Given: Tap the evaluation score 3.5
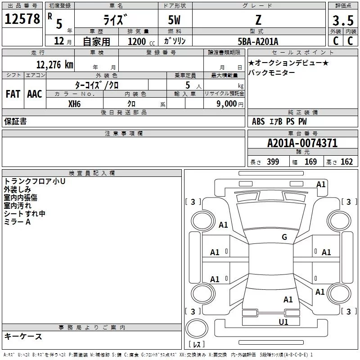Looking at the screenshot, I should point(342,21).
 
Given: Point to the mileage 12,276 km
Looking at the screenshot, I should point(54,65).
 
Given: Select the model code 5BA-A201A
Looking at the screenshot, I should point(258,41).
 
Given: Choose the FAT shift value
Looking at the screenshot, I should point(13,94).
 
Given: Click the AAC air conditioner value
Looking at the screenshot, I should point(35,94).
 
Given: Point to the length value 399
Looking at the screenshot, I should point(273,162).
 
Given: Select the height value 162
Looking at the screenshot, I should point(346,162).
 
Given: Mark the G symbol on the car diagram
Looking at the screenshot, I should point(284,237).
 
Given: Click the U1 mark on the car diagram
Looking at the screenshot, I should point(283,322).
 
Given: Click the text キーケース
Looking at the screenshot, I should point(23,336).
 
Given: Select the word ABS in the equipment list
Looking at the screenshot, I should point(258,121).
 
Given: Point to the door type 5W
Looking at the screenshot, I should point(175,20).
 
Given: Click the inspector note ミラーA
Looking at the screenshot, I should point(17,222).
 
